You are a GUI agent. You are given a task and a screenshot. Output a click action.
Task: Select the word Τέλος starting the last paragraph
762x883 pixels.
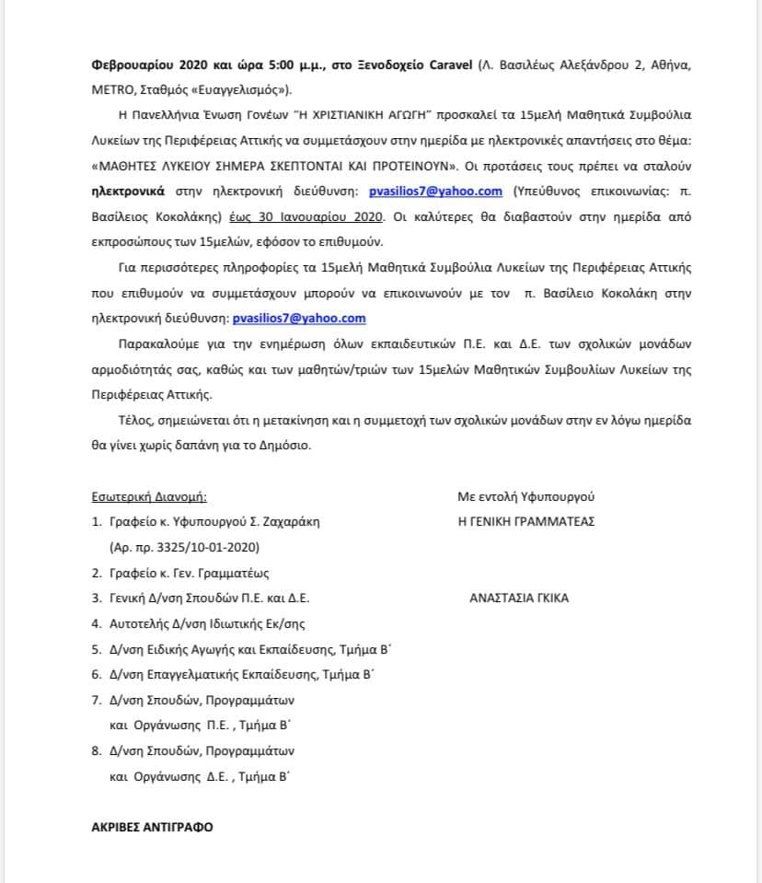[124, 420]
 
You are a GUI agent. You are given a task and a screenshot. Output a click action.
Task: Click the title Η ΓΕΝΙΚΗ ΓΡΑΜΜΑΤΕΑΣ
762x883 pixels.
[526, 521]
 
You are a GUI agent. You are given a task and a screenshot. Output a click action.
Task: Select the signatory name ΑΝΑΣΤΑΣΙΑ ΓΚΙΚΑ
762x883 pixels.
[519, 598]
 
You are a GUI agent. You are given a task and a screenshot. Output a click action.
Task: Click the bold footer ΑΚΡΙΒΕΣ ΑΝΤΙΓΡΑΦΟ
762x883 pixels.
[152, 827]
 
